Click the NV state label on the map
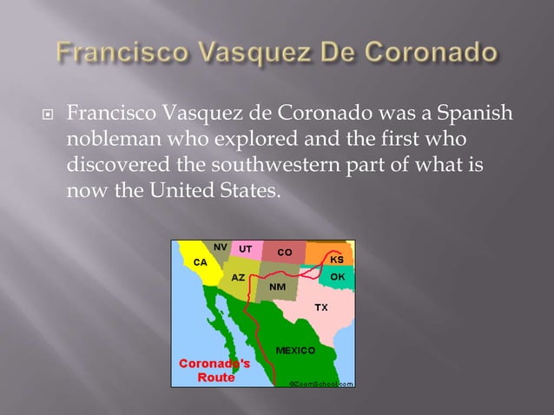click(x=221, y=247)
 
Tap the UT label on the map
click(x=246, y=248)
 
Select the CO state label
click(x=284, y=252)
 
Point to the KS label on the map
click(x=337, y=259)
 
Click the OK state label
click(x=338, y=277)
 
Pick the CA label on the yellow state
click(x=200, y=260)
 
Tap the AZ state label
click(x=236, y=277)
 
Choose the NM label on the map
click(x=278, y=286)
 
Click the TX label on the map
click(x=320, y=308)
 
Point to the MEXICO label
click(x=294, y=350)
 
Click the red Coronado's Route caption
click(x=215, y=370)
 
